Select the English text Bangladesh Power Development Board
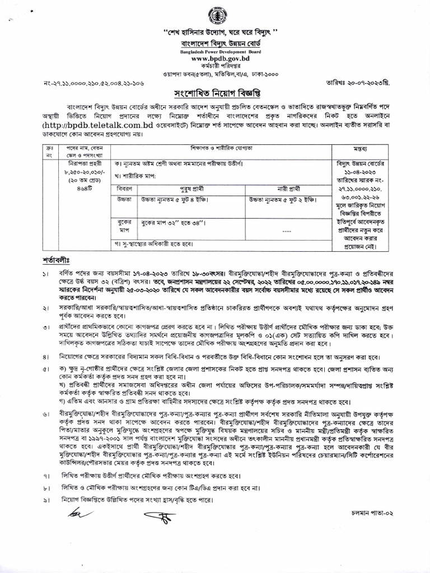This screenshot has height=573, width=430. (216, 51)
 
